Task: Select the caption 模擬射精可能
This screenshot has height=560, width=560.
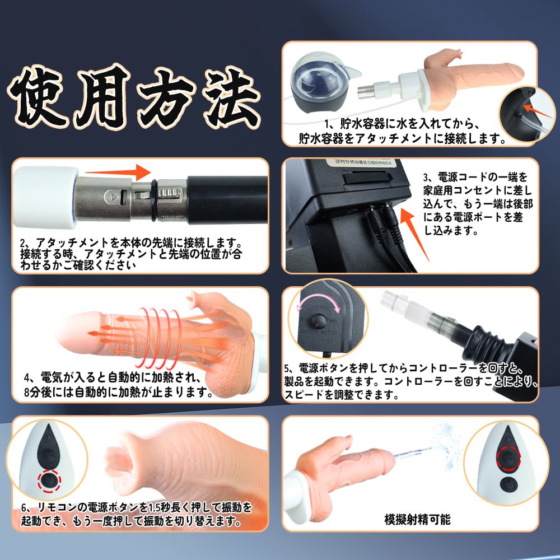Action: pyautogui.click(x=418, y=519)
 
